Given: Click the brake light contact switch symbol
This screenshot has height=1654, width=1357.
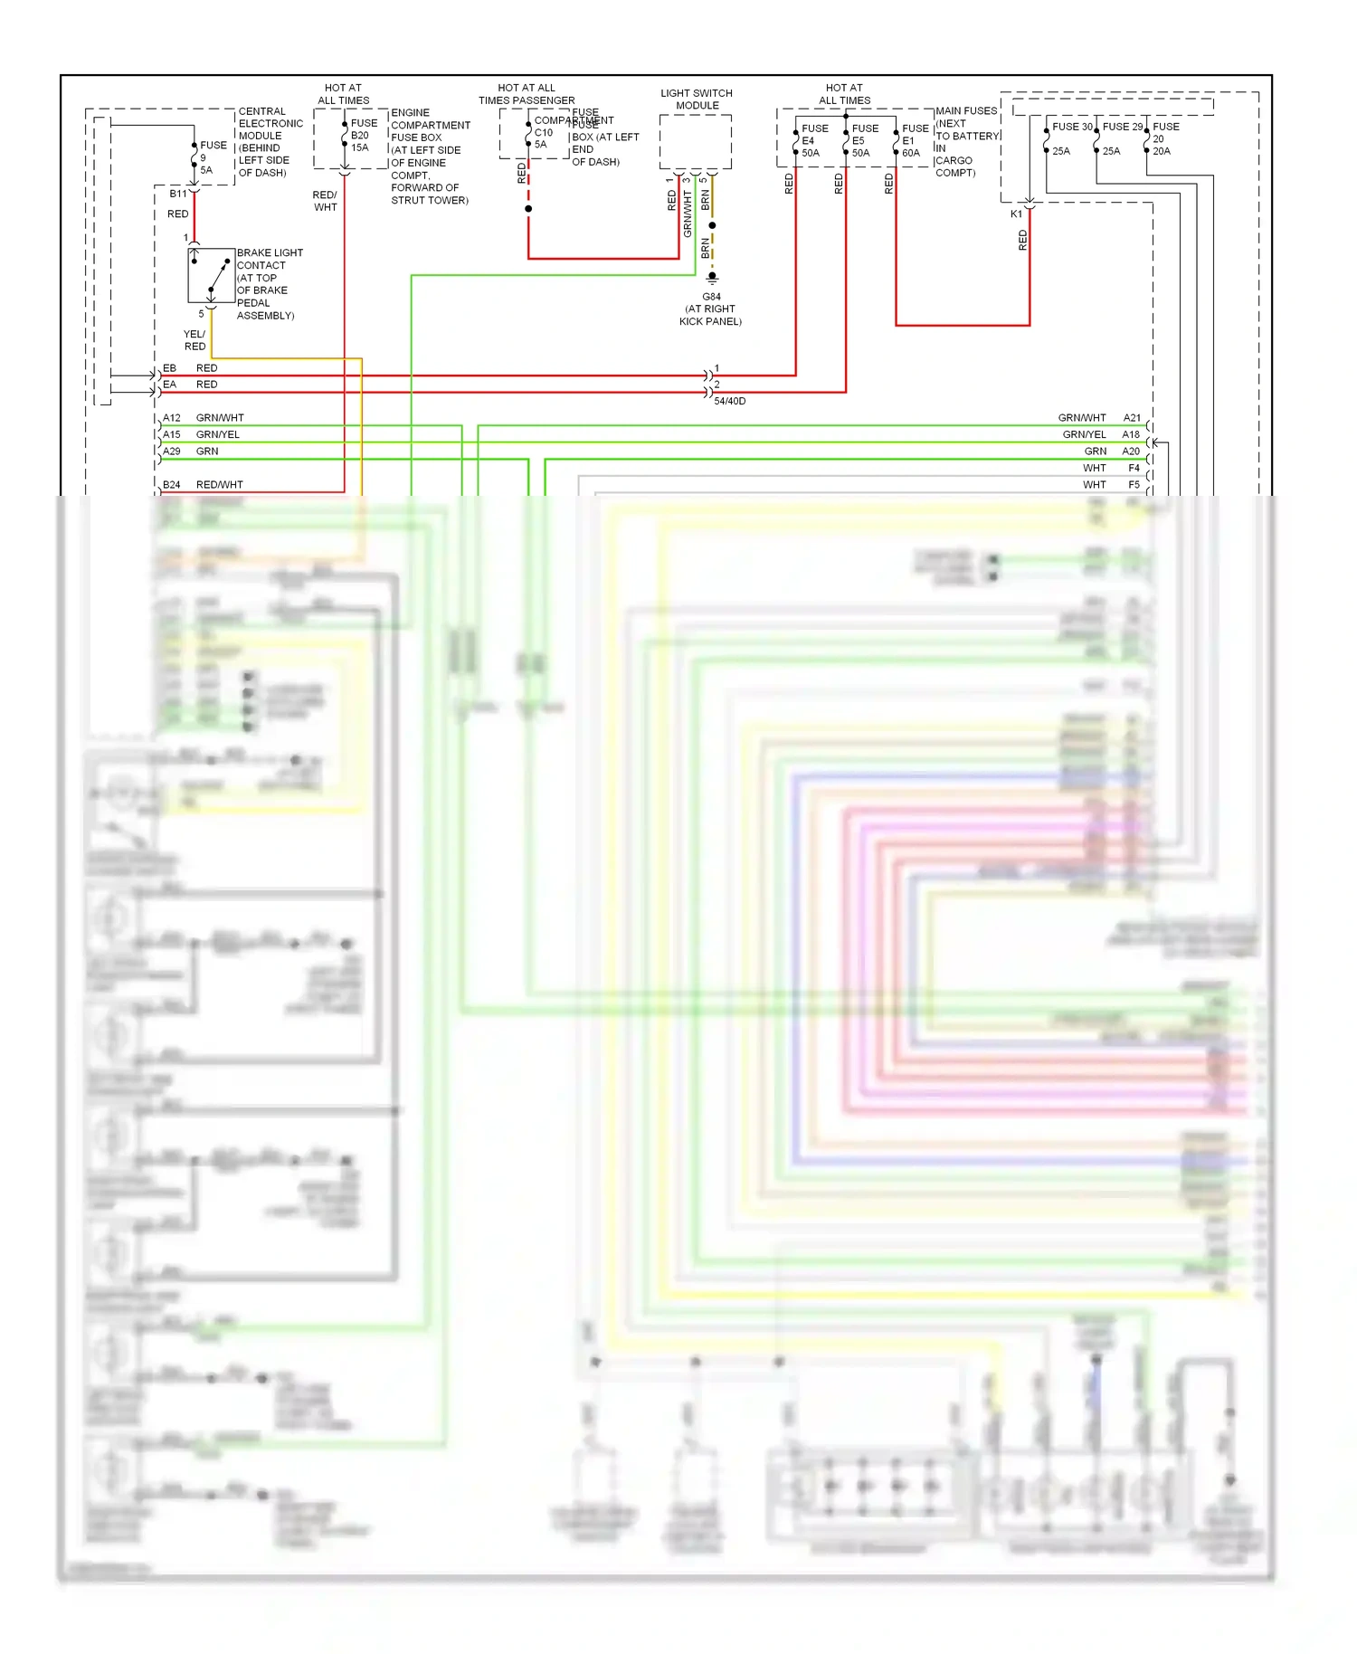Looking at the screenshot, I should tap(211, 275).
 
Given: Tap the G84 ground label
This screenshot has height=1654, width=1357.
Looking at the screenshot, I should tap(711, 297).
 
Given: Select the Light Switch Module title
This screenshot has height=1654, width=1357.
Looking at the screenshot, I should tap(696, 100).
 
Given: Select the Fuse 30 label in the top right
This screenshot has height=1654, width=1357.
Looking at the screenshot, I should tap(1071, 127).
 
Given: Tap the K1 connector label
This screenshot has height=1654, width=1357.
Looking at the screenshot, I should tap(1016, 214).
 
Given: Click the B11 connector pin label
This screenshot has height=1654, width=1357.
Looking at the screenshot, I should tap(178, 194).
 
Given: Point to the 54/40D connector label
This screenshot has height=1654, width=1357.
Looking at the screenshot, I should tap(729, 401).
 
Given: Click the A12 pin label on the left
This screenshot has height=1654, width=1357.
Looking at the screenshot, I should tap(172, 418).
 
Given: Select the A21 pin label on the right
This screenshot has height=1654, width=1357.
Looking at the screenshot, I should tap(1132, 418).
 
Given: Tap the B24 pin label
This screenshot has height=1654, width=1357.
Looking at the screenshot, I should tap(172, 485).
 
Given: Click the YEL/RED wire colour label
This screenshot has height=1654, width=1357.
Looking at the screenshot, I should tap(195, 340).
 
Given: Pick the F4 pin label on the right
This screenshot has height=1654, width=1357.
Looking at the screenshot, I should tap(1134, 468).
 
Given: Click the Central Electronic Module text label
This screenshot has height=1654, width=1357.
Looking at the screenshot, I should tap(270, 124).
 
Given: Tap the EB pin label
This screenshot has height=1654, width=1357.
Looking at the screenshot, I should tap(169, 368).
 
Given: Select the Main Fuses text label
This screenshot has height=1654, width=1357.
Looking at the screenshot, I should tap(965, 111).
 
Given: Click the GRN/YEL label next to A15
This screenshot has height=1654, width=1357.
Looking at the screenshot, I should tap(218, 434).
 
